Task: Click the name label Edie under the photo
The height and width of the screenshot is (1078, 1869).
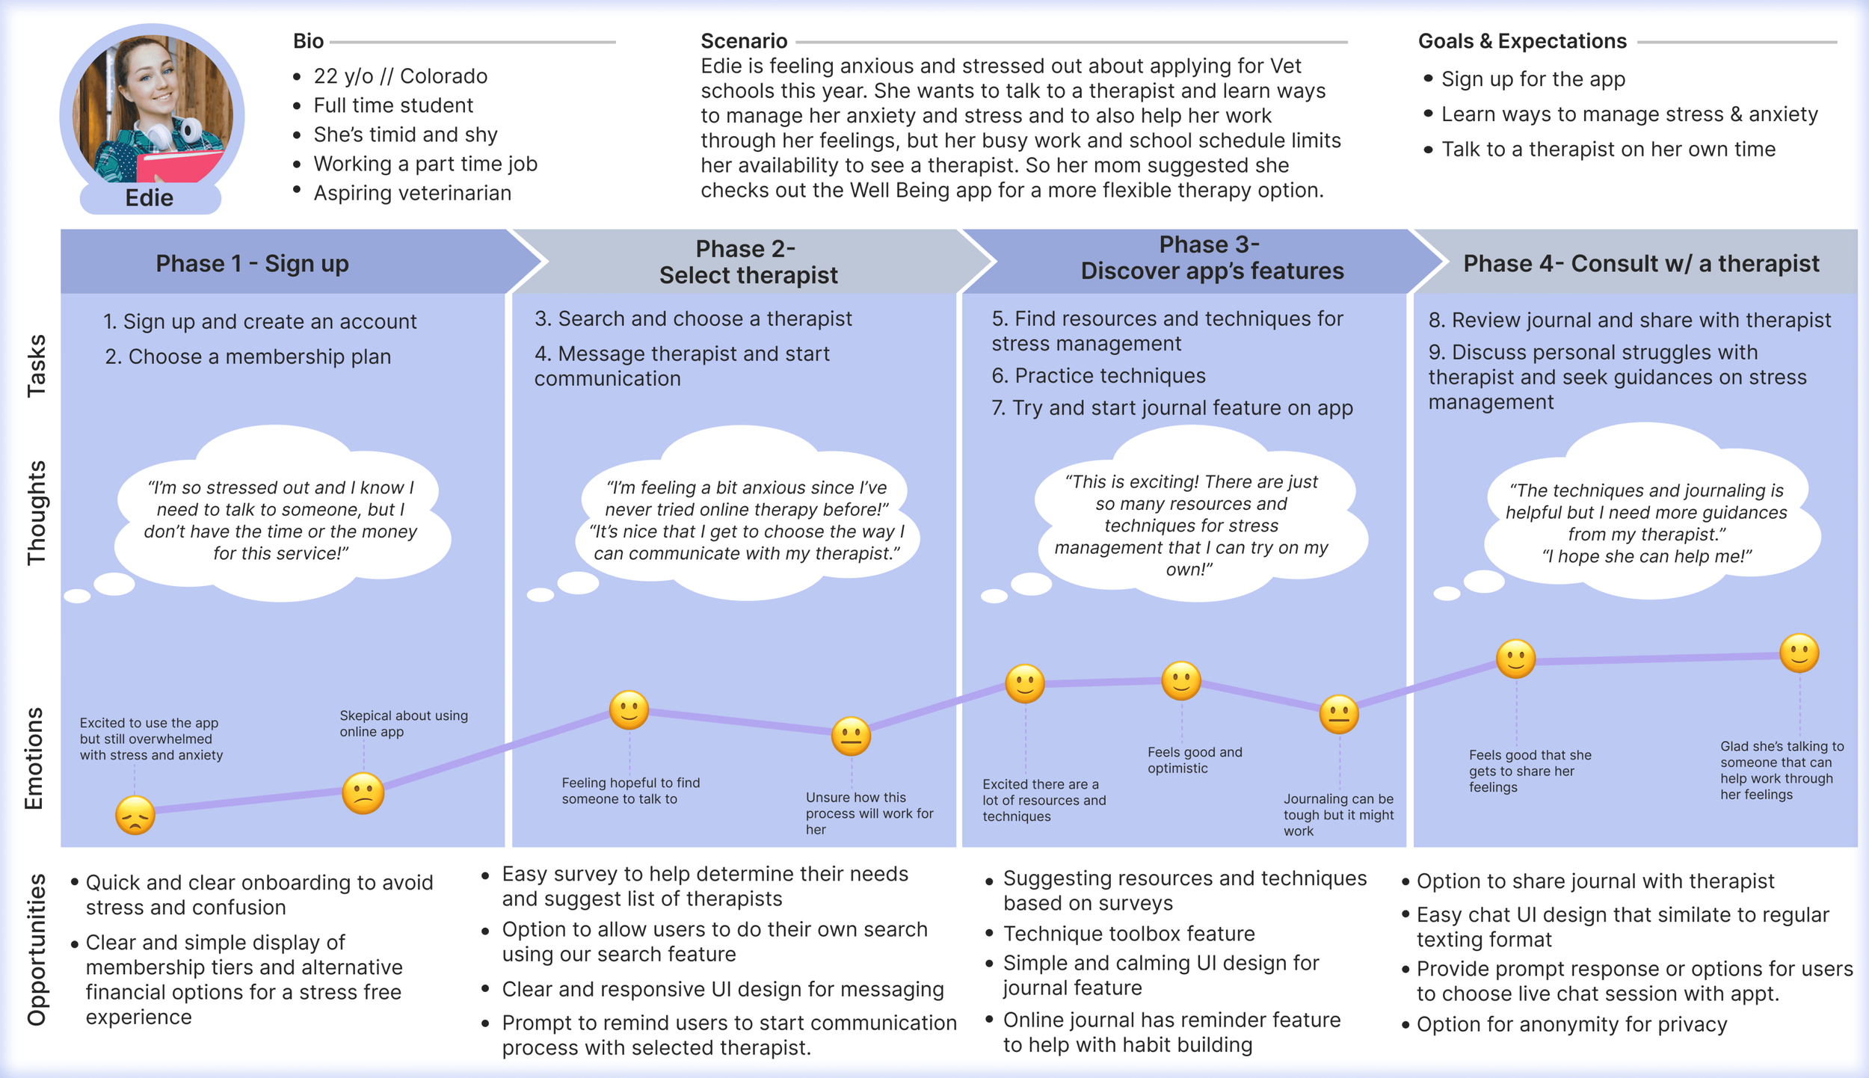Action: pos(150,198)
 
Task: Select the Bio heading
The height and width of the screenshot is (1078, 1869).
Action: pos(308,41)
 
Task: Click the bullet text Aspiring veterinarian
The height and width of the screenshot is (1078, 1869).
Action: pos(412,193)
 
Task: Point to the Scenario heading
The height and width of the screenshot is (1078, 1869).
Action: pos(743,41)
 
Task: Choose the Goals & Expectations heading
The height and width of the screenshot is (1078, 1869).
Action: pos(1521,41)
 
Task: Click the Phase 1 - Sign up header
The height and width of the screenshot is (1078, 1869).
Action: pos(253,264)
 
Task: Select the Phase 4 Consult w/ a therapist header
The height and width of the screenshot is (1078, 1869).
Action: pos(1640,264)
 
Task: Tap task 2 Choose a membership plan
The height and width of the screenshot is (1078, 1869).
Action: pos(247,357)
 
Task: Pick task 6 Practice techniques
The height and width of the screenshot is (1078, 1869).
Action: pos(1097,376)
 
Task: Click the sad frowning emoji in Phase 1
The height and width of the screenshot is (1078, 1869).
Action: pos(135,816)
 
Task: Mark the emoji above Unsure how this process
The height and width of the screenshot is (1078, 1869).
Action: pos(851,736)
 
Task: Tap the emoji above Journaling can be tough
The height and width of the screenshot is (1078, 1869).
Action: pos(1338,714)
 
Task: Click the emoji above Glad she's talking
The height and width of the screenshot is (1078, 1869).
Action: pos(1799,653)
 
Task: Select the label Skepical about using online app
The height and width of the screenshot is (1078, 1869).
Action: pos(403,724)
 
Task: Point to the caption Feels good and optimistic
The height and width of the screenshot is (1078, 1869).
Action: pos(1194,760)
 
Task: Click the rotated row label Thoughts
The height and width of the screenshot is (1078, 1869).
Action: pos(36,513)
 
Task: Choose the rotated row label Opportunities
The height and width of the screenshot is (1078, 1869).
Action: pos(36,949)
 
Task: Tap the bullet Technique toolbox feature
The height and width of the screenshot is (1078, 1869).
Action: pos(1128,934)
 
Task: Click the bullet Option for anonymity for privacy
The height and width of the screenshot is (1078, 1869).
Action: pos(1571,1025)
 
